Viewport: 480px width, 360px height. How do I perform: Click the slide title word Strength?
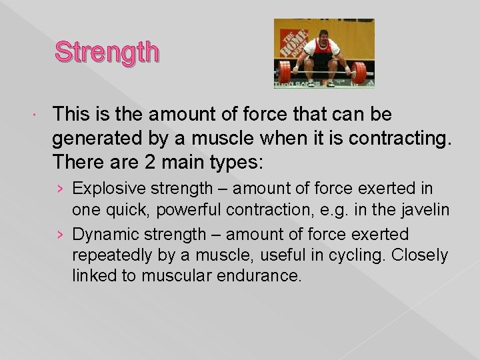pos(107,51)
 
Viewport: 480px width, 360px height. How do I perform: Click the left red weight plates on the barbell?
pos(285,71)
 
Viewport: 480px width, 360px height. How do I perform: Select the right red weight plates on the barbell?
pos(360,71)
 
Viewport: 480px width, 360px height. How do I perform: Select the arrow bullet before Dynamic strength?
pos(61,235)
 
